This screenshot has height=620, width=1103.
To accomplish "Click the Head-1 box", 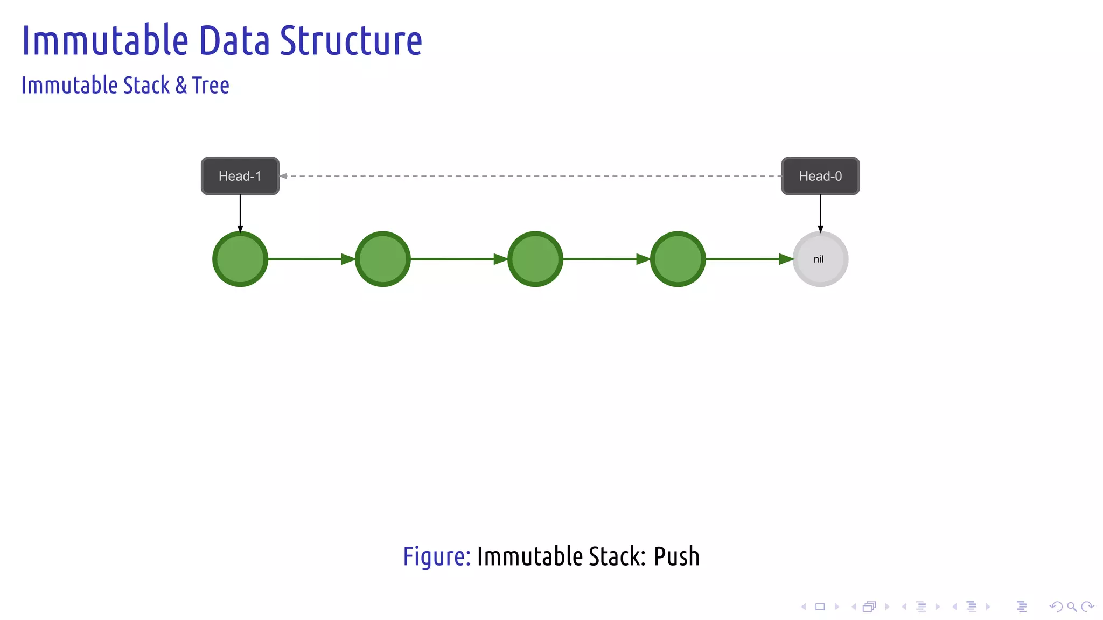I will click(x=240, y=176).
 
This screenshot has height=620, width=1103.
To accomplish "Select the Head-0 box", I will click(x=820, y=176).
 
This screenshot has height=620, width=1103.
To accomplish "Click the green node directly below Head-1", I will click(x=240, y=259).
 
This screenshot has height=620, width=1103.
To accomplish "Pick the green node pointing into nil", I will click(x=678, y=259).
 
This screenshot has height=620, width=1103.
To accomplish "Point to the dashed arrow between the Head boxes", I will click(x=530, y=176).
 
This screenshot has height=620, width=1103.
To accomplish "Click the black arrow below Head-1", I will click(x=240, y=213).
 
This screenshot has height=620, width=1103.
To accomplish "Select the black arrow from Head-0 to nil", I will click(x=820, y=213).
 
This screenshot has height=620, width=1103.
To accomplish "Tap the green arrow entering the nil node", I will click(x=749, y=259).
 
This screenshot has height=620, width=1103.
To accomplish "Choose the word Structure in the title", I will click(x=351, y=41).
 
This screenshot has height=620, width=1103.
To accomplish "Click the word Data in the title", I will click(x=234, y=41).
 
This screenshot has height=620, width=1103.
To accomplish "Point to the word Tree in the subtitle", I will click(x=211, y=86).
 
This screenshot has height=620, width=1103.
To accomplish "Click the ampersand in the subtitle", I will click(x=181, y=86).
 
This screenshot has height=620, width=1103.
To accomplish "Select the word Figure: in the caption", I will click(x=437, y=556).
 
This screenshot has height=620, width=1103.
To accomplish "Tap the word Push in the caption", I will click(x=676, y=556).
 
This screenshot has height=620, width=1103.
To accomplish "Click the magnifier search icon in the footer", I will click(x=1072, y=607).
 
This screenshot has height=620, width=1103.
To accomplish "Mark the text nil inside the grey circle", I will click(x=818, y=259).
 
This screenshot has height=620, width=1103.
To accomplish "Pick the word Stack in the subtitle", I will click(x=146, y=86).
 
